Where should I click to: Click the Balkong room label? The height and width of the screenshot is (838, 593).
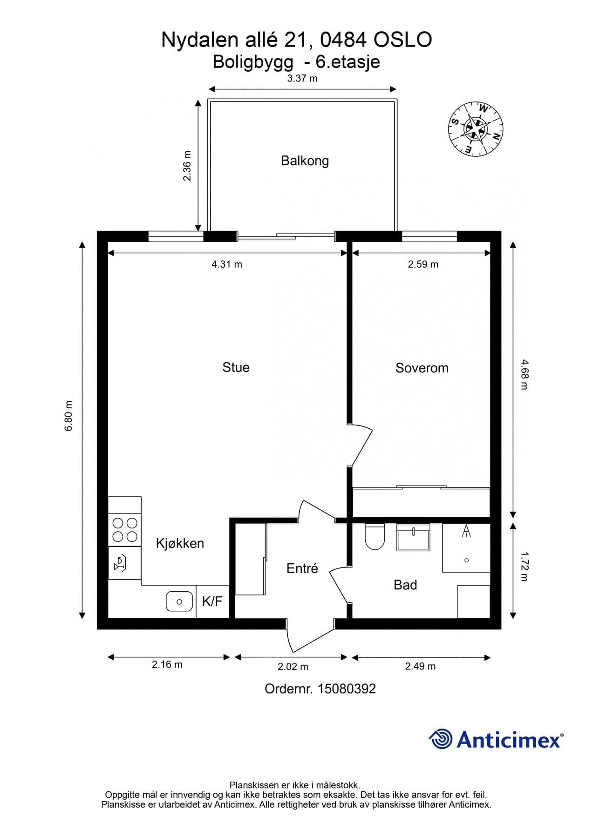pos(305,161)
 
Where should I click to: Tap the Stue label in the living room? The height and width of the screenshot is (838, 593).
pos(236,367)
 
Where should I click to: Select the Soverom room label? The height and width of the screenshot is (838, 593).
pos(422,368)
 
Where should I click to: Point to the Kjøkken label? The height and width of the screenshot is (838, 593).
pos(180,543)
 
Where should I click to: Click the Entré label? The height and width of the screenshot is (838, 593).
pos(302,568)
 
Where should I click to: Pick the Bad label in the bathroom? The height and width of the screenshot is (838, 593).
pos(405,585)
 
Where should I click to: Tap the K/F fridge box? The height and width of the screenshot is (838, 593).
pos(212,601)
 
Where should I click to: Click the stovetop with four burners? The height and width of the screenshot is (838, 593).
pos(125,530)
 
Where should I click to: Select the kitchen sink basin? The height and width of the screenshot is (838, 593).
pos(179,601)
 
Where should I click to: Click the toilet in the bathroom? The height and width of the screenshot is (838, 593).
pos(375,536)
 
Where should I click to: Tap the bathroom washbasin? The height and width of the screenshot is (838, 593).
pos(413,537)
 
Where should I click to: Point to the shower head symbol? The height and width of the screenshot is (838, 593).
pos(466,531)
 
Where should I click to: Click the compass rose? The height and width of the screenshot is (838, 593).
pos(476,129)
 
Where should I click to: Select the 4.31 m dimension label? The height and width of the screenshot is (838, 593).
pos(227,264)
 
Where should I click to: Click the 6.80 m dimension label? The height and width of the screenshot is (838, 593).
pos(68,416)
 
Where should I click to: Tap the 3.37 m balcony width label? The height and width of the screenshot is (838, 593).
pos(302,78)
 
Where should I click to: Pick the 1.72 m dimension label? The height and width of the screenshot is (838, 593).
pos(524,567)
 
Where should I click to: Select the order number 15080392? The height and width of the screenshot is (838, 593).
pos(347,689)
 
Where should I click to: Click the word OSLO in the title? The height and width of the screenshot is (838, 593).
pos(403,40)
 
